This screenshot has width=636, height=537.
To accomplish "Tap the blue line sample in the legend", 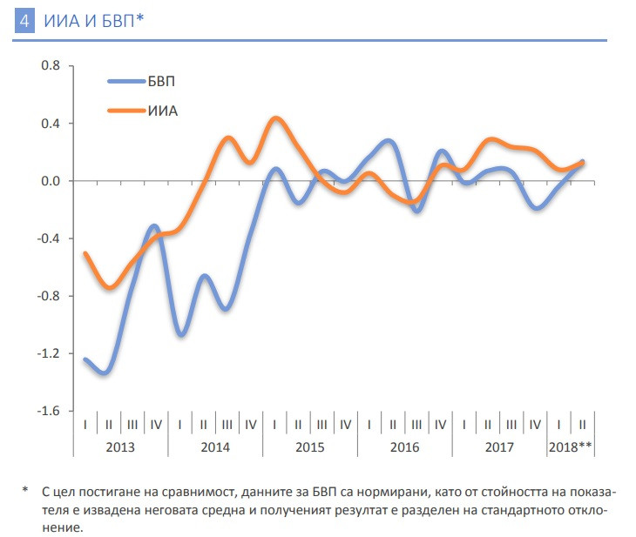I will (132, 81).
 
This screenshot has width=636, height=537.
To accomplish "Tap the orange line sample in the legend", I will (132, 111).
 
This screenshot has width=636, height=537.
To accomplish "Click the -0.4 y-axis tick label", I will (49, 238).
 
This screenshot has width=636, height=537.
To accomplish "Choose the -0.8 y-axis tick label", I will (49, 296).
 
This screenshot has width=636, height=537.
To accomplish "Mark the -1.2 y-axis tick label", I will (49, 353).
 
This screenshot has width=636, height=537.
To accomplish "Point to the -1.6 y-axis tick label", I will (49, 411).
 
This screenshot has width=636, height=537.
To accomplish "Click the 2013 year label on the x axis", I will (120, 446).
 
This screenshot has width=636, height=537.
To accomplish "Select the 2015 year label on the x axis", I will (309, 446).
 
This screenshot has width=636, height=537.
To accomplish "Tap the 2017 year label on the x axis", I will (499, 446).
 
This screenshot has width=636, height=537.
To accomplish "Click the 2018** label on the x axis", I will (571, 446).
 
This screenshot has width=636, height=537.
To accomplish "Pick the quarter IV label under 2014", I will (250, 425).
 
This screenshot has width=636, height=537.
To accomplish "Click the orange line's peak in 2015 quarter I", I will (275, 118).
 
